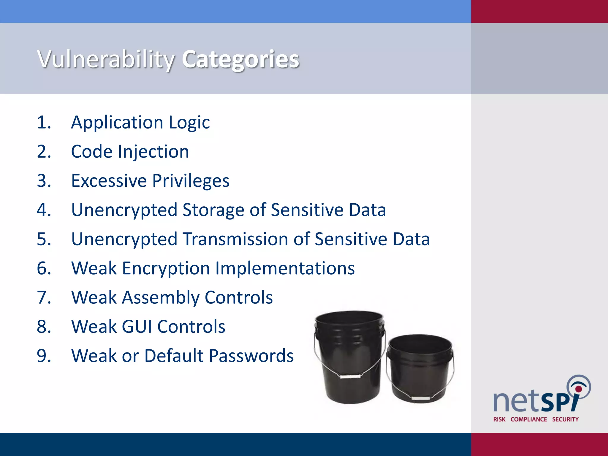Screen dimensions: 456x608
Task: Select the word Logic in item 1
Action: pyautogui.click(x=189, y=123)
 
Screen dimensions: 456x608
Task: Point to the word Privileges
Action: pyautogui.click(x=191, y=181)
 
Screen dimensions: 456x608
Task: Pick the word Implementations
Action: pyautogui.click(x=285, y=268)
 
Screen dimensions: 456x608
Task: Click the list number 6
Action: pyautogui.click(x=44, y=268)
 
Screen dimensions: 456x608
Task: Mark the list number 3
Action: pyautogui.click(x=44, y=181)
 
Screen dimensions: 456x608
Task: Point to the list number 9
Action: pyautogui.click(x=44, y=356)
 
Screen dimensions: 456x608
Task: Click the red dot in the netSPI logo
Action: pyautogui.click(x=578, y=389)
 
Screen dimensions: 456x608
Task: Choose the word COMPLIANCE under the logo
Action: pyautogui.click(x=528, y=419)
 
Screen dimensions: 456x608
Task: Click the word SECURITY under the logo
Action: pyautogui.click(x=565, y=419)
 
